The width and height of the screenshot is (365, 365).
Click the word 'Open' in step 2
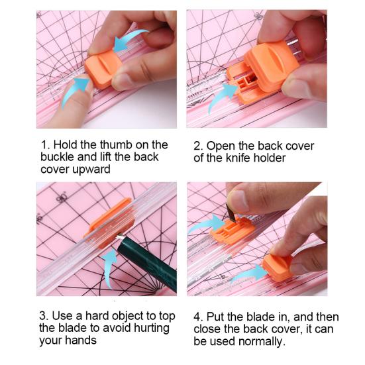[x=221, y=146]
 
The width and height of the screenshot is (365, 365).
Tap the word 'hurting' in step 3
[x=152, y=329]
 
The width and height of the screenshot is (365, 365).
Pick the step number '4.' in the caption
[x=198, y=317]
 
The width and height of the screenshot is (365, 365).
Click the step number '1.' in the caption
[x=46, y=145]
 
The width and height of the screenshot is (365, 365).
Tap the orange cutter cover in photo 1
[x=103, y=70]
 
